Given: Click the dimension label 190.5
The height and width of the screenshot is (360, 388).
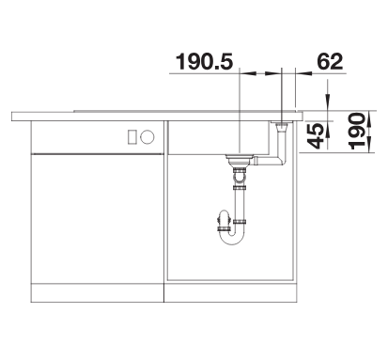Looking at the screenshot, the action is point(204,61).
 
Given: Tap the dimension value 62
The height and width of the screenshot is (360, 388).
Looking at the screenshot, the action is point(330,61).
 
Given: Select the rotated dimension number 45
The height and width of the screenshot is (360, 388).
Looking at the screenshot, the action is point(316,135).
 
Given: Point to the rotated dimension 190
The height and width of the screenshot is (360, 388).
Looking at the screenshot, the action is point(357,131).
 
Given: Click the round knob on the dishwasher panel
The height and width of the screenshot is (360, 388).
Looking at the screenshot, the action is point(147,137).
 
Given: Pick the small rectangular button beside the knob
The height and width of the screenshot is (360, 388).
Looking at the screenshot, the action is point(132,137).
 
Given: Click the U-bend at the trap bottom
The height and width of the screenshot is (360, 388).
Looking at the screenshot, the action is point(231,238).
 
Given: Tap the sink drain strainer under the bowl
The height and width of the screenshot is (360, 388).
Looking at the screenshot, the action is point(240,160).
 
